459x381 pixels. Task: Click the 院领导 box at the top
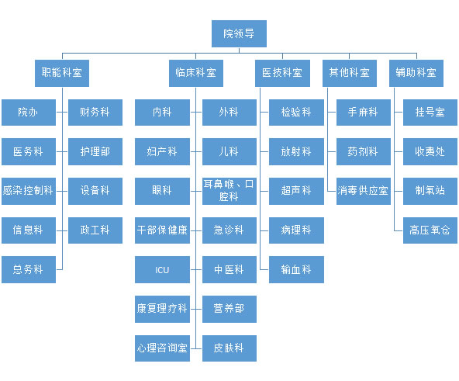[239, 33]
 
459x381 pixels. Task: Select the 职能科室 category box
[62, 73]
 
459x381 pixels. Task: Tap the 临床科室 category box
[196, 73]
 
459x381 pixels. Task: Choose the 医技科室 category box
[282, 73]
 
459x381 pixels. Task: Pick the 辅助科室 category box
[416, 73]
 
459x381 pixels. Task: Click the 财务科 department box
[95, 113]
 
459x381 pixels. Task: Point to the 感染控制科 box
[29, 191]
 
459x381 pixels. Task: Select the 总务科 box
[29, 269]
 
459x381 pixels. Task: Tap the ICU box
[162, 269]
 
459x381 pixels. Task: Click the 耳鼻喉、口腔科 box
[229, 191]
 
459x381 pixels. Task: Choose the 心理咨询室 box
[162, 348]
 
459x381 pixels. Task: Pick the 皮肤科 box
[229, 348]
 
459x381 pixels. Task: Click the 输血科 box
[296, 269]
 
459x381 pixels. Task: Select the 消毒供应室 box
[364, 191]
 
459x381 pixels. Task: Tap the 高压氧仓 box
[430, 230]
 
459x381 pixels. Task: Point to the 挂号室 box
[430, 113]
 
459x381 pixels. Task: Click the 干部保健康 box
[162, 230]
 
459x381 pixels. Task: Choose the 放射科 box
[296, 152]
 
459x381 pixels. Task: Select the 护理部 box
[95, 152]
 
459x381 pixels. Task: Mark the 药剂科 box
[364, 152]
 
